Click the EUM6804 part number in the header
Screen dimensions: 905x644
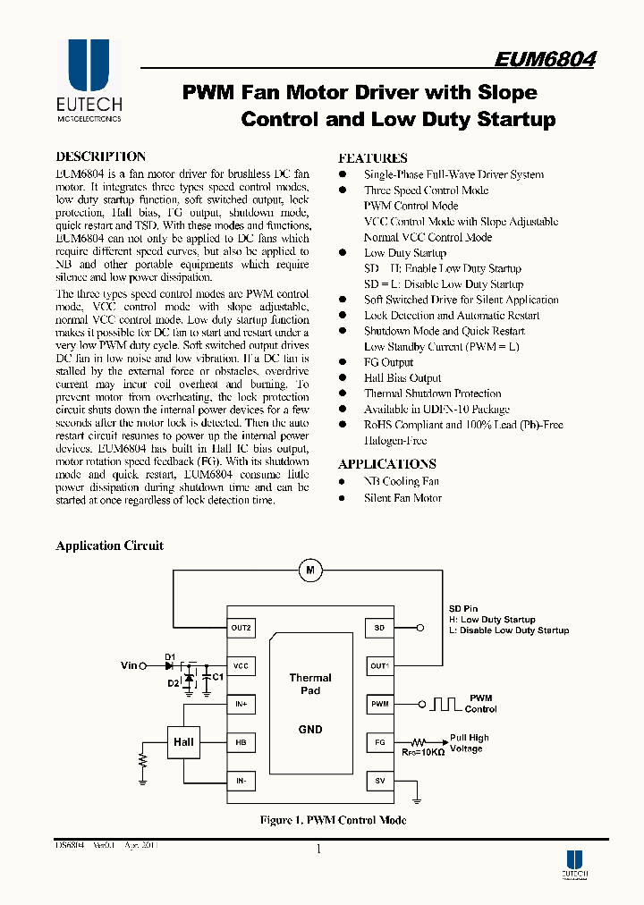545,60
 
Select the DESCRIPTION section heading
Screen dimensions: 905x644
100,156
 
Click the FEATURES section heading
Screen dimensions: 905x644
372,157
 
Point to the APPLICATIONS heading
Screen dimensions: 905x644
386,464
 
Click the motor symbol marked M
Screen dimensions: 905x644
310,570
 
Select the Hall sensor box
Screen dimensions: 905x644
183,742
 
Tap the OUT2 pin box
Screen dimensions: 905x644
241,628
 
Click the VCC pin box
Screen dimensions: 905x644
241,666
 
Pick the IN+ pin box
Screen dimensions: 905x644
241,705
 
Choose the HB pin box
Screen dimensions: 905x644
241,742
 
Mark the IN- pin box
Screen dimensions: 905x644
241,781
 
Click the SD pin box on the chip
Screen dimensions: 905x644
379,628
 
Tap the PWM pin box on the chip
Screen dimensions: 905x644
379,704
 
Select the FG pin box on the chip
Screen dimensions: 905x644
379,742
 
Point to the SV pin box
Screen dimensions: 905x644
379,781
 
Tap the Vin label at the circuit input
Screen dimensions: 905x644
130,666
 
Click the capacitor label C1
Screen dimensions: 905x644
216,677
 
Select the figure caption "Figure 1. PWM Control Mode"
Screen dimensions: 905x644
333,820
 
